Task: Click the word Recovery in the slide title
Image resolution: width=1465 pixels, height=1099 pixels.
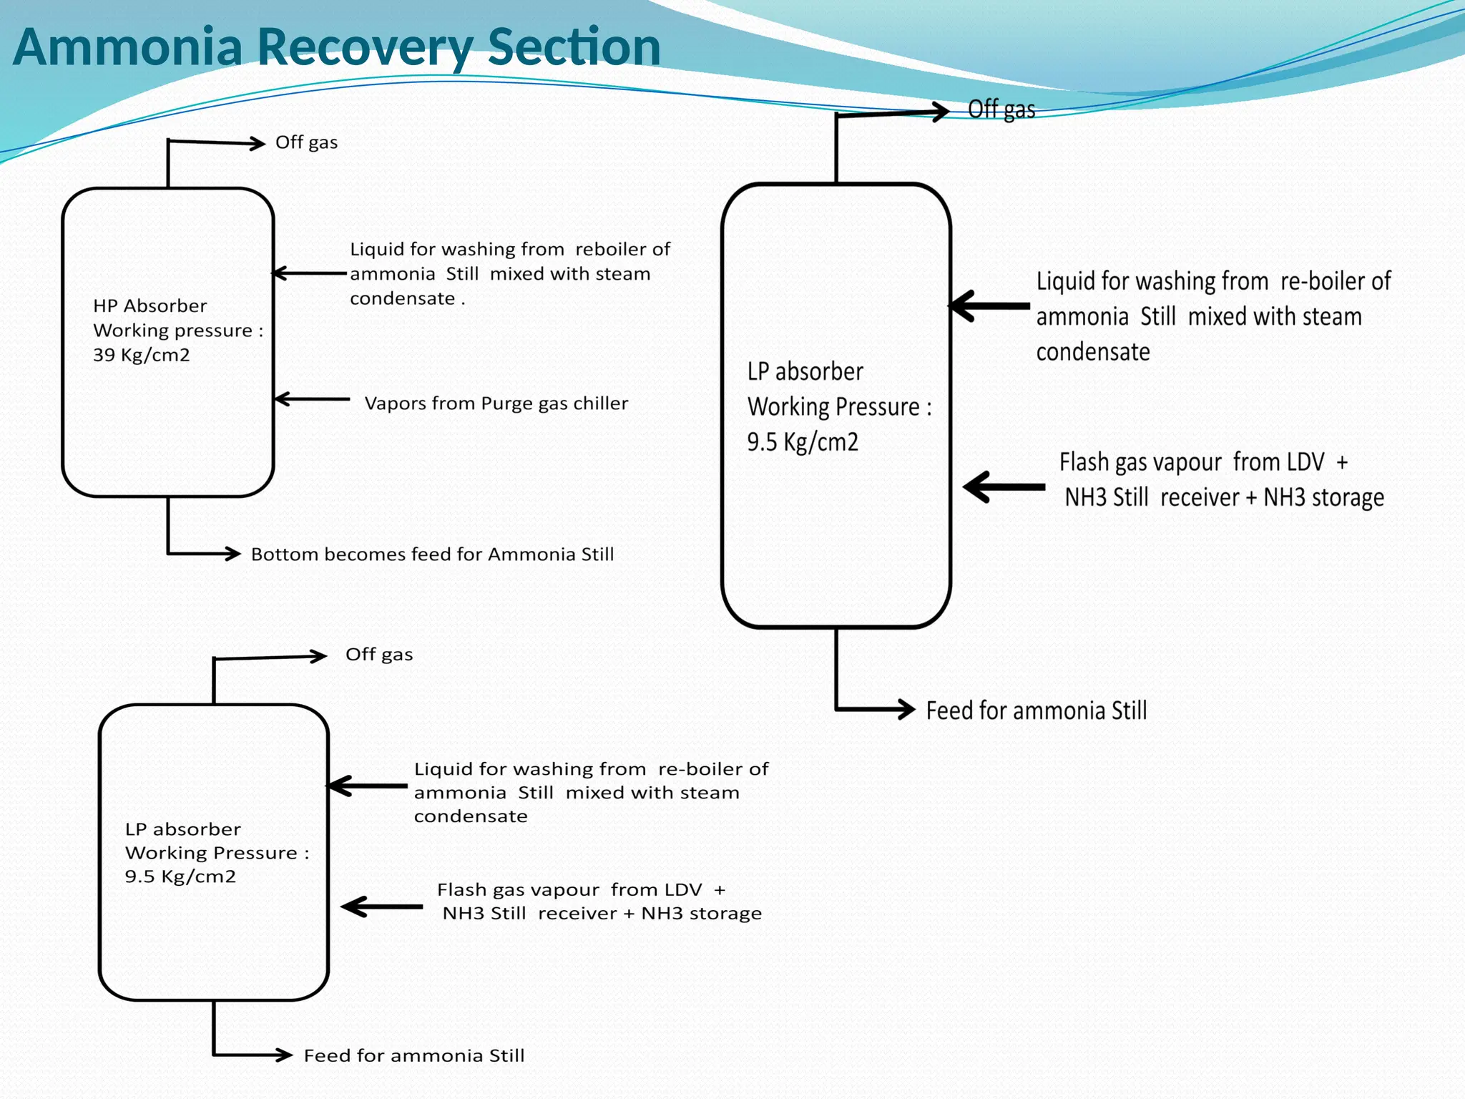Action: pos(364,47)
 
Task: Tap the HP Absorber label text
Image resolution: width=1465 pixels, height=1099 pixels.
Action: pos(150,306)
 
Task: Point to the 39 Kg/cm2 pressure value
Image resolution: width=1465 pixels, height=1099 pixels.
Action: pos(142,355)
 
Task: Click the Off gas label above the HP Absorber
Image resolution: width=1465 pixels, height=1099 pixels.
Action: pos(306,142)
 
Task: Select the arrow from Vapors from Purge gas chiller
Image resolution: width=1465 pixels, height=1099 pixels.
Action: pos(312,399)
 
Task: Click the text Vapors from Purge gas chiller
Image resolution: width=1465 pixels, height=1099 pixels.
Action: pos(496,404)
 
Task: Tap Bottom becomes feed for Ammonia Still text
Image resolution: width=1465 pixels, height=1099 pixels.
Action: pos(432,555)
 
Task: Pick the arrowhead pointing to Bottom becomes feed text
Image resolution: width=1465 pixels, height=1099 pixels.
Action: pos(232,553)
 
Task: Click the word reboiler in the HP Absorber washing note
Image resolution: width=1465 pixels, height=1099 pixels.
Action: pos(612,249)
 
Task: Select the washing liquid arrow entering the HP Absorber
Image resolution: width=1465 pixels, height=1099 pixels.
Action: pos(309,273)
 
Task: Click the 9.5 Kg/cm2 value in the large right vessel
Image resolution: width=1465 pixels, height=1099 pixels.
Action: pos(802,442)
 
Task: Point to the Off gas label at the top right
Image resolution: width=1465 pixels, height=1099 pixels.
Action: pos(1001,109)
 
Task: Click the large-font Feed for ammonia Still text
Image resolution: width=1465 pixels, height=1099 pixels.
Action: pos(1036,710)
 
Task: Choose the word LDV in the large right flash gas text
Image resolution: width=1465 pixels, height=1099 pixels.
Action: pos(1305,462)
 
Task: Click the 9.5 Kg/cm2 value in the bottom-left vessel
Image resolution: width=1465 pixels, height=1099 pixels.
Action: pos(180,876)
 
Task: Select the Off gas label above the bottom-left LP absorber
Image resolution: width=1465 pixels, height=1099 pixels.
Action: pos(379,655)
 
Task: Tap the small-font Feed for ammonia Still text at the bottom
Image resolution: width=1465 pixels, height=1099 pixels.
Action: pos(413,1056)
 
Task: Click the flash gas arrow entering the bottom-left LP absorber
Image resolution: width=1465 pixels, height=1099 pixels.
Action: pos(382,907)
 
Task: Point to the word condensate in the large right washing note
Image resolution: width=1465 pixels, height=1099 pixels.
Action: pos(1092,352)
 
